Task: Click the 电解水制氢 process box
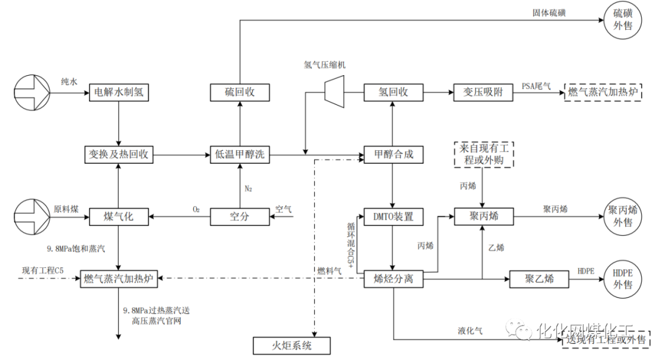pyautogui.click(x=119, y=93)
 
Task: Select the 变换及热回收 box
pyautogui.click(x=119, y=154)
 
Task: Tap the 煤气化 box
pyautogui.click(x=119, y=216)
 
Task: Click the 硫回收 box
pyautogui.click(x=240, y=93)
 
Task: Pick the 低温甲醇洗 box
pyautogui.click(x=240, y=154)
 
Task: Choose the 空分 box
pyautogui.click(x=240, y=216)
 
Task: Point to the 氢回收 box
pyautogui.click(x=393, y=93)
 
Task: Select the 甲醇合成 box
pyautogui.click(x=393, y=154)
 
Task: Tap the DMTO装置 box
pyautogui.click(x=393, y=216)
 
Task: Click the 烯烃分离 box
pyautogui.click(x=393, y=279)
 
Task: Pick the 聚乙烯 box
pyautogui.click(x=539, y=279)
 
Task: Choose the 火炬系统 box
pyautogui.click(x=291, y=346)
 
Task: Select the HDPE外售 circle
pyautogui.click(x=625, y=279)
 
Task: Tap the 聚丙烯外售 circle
pyautogui.click(x=625, y=216)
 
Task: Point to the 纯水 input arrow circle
pyautogui.click(x=39, y=93)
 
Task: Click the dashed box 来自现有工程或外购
pyautogui.click(x=483, y=154)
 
